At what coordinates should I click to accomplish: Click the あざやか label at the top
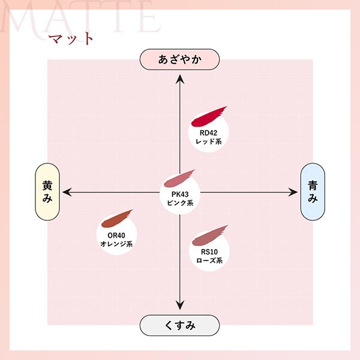point(179,59)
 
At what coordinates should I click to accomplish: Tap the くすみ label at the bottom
point(179,325)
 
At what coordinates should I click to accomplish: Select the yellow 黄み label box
point(47,192)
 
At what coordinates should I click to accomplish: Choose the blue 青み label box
point(313,192)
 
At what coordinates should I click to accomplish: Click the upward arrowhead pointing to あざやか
point(180,79)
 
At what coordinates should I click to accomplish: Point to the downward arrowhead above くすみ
point(180,305)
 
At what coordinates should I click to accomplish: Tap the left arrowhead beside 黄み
point(67,192)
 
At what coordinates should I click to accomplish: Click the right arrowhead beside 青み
point(293,192)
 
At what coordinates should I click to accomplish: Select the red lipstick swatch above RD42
point(208,116)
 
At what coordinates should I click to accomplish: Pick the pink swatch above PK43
point(179,178)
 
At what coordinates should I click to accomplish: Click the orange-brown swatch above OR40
point(116,218)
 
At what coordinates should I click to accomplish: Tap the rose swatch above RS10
point(209,235)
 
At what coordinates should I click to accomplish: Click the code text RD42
point(208,133)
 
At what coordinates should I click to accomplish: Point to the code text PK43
point(180,194)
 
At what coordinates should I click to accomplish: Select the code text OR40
point(116,235)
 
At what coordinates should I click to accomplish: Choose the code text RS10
point(209,252)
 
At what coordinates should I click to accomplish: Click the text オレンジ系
point(116,244)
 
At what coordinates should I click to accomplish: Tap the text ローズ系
point(209,260)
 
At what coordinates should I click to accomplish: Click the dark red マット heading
point(71,38)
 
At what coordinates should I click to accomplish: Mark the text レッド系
point(208,142)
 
